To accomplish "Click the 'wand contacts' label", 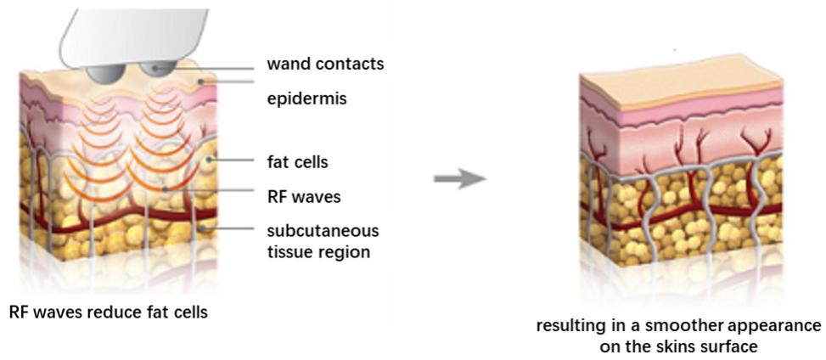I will point(325,64).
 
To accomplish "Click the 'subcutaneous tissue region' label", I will point(323,240).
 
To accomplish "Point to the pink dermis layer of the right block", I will point(679,127).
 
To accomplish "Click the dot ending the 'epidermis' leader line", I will point(200,82).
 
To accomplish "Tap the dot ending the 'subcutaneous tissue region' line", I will point(202,228).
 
